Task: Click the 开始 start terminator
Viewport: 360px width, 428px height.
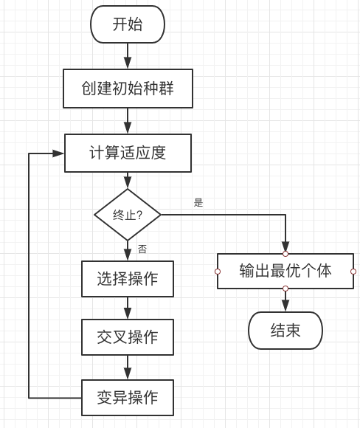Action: [x=127, y=24]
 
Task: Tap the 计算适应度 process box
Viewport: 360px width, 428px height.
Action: [x=128, y=153]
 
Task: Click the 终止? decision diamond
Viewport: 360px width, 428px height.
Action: [x=128, y=215]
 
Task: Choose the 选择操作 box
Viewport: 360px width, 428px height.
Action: [x=128, y=279]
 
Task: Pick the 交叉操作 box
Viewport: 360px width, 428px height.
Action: [x=128, y=337]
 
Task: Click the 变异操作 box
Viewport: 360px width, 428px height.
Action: [x=128, y=398]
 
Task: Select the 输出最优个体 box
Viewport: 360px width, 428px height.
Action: [x=285, y=271]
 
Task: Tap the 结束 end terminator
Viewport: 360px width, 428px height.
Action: [x=285, y=330]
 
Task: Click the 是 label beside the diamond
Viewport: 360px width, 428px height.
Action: [x=198, y=202]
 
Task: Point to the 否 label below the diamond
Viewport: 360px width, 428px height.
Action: [x=142, y=249]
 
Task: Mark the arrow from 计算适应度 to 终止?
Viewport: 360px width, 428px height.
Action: [x=128, y=181]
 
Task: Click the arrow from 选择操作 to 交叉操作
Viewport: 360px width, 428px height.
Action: [x=128, y=308]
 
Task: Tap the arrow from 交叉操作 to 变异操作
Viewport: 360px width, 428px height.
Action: [x=128, y=367]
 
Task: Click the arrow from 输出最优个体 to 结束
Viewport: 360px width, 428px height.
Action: [x=285, y=300]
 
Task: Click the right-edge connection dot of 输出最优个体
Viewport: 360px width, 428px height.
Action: [x=353, y=272]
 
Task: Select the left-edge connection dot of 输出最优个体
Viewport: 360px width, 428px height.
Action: [x=218, y=272]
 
